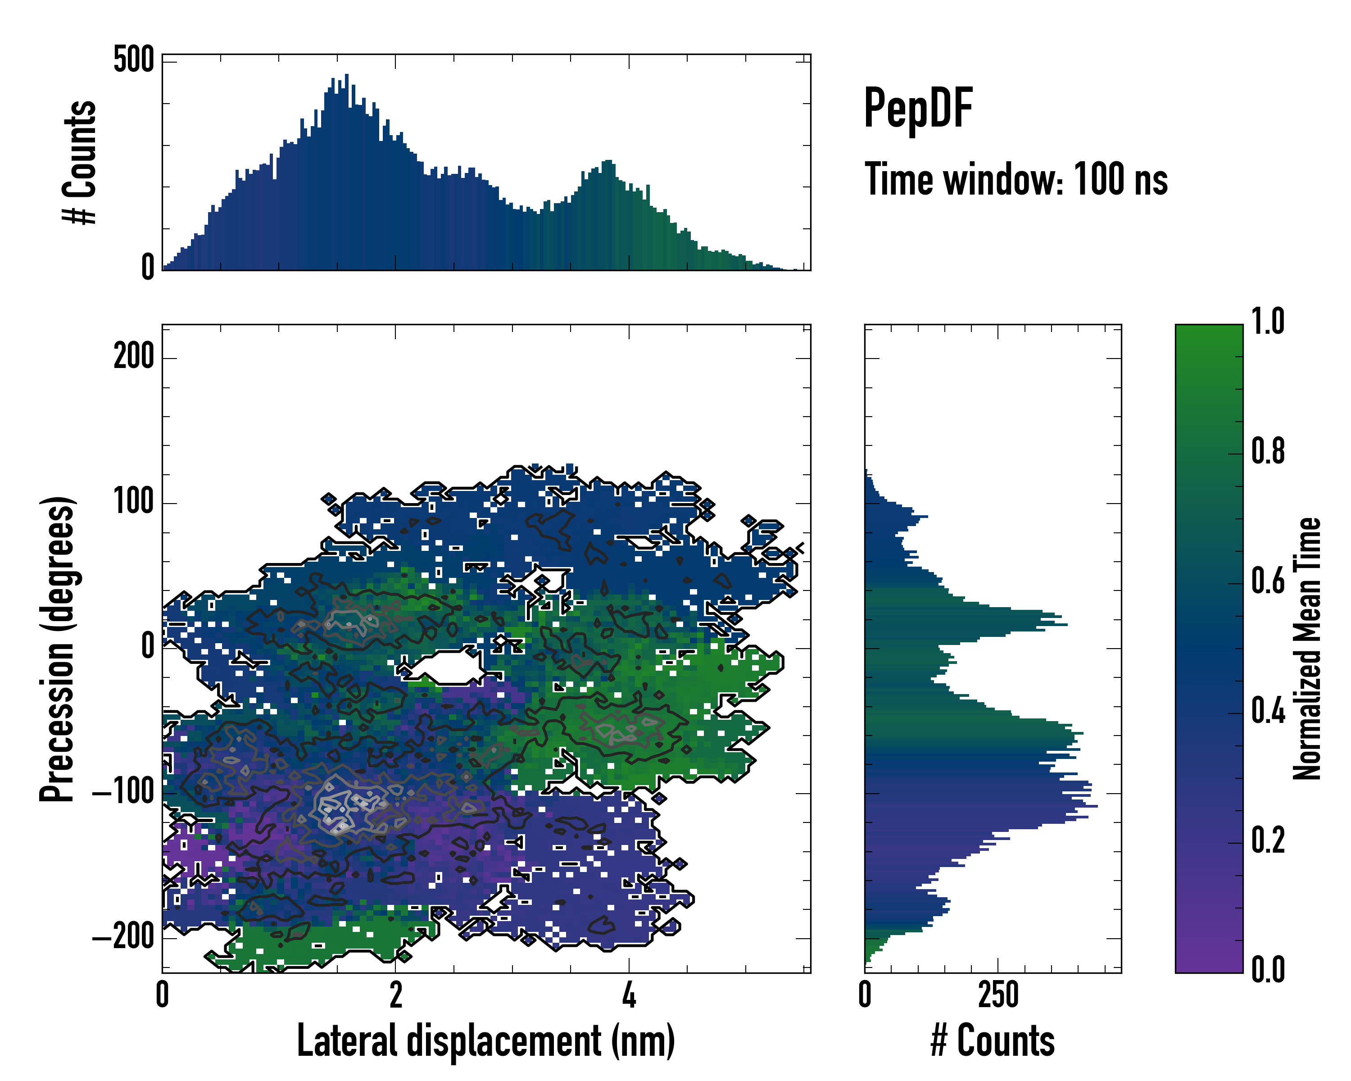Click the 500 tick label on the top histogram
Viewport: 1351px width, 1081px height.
click(x=133, y=61)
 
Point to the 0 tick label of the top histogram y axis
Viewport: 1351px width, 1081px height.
click(x=147, y=268)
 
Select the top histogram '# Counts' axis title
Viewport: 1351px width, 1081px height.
click(x=80, y=162)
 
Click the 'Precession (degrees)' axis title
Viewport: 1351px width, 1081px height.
click(x=58, y=649)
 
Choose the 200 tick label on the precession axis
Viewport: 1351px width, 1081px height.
click(x=133, y=358)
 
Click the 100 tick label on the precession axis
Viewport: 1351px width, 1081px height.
click(x=133, y=503)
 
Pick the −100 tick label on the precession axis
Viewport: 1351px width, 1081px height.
click(x=123, y=793)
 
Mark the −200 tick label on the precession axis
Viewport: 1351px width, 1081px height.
click(x=123, y=937)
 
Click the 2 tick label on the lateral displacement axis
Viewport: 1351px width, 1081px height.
click(x=395, y=995)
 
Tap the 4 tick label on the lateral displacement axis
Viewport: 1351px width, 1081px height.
click(x=629, y=995)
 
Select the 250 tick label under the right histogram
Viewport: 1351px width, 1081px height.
click(x=998, y=995)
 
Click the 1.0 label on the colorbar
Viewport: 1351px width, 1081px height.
click(x=1268, y=322)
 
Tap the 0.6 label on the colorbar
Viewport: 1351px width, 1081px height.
click(x=1268, y=581)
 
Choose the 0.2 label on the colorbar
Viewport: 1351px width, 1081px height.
click(x=1268, y=841)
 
